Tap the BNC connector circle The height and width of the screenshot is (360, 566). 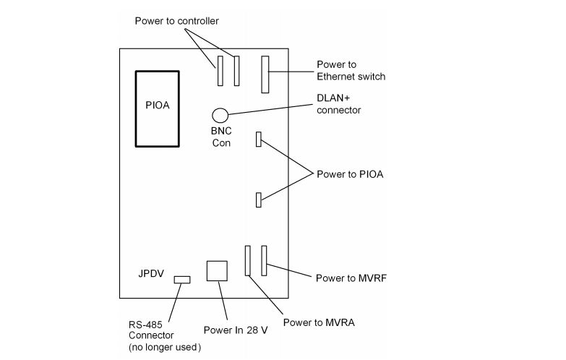220,114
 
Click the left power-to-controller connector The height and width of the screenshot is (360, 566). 218,71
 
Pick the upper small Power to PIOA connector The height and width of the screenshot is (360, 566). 258,139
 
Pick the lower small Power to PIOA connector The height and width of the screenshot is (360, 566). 258,200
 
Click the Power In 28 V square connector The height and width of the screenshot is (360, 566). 217,271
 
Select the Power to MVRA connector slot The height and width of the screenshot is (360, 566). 247,260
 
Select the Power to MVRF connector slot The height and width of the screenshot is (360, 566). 265,260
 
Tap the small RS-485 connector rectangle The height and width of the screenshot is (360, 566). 182,279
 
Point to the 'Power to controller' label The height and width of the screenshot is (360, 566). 176,20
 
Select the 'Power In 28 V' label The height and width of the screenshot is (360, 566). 234,331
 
